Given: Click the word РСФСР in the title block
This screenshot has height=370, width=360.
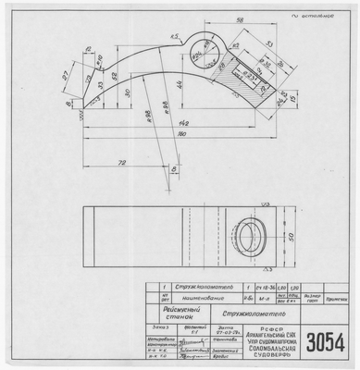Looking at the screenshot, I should click(x=275, y=326).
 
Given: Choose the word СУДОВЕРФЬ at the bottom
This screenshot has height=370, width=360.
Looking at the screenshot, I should click(x=275, y=356).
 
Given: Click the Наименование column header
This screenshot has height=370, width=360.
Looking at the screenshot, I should click(x=195, y=299).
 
